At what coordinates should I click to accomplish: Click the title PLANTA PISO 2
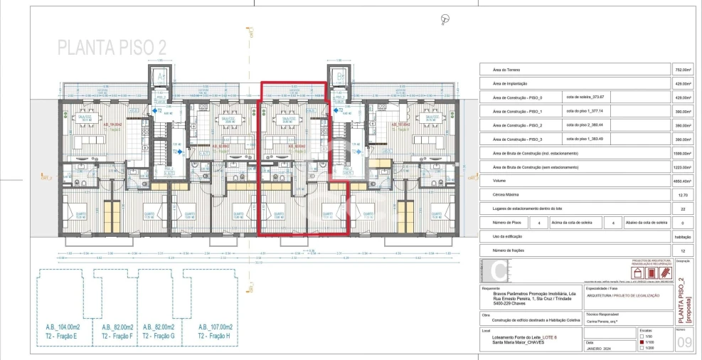click(112, 48)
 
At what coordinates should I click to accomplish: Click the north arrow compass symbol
click(446, 19)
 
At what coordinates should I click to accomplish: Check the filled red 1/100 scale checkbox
click(642, 342)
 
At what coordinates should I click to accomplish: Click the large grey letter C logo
click(501, 272)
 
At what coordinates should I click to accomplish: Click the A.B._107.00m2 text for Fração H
click(216, 327)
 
